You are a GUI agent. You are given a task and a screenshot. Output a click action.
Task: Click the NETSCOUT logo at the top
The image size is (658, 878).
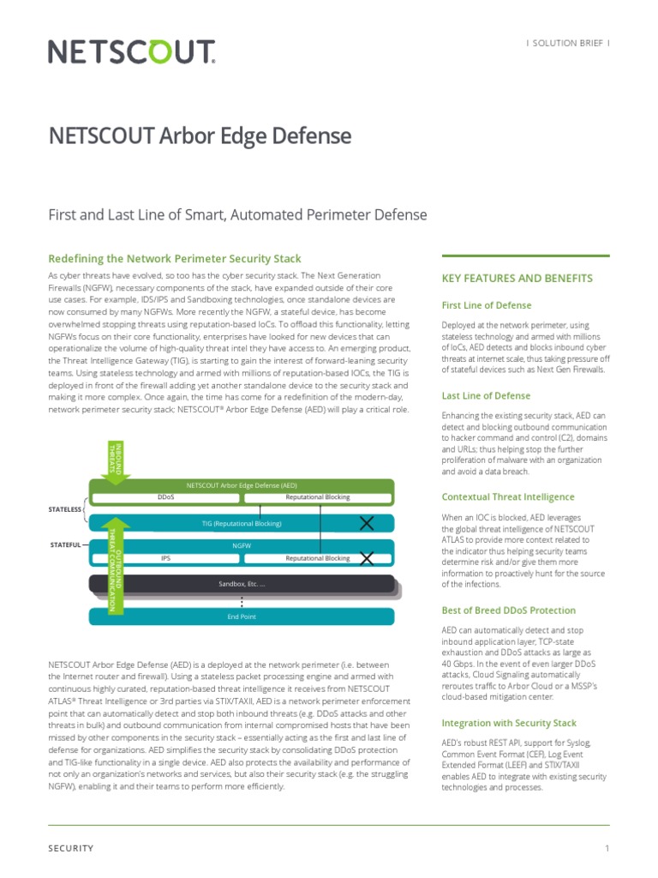point(131,53)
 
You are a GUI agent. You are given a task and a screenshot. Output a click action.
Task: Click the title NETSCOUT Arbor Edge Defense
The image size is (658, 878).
point(200,135)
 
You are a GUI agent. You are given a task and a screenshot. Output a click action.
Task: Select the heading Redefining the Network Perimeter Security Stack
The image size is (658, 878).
point(175,258)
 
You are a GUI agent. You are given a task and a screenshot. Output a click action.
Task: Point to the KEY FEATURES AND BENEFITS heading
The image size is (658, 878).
point(517,279)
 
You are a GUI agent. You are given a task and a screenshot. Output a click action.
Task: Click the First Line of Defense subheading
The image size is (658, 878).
point(486,305)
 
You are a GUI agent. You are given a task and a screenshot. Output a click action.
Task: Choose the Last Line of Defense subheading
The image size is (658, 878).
point(485,396)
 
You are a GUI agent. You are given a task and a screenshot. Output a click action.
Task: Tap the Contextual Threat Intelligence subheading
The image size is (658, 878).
point(508,496)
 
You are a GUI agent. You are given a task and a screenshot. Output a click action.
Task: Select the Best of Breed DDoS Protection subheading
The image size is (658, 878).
point(508,610)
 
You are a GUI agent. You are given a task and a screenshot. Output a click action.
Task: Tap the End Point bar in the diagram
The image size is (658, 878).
point(242,616)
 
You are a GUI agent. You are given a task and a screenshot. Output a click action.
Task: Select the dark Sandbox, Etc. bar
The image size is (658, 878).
point(242,584)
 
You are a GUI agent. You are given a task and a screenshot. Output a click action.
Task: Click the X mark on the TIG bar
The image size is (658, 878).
point(367,523)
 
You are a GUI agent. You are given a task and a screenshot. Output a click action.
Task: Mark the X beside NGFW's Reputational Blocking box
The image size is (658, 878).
point(367,559)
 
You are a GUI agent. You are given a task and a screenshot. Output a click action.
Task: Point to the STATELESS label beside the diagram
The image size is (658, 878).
point(64,509)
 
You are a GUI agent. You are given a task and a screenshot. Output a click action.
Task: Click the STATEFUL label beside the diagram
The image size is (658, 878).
point(65,544)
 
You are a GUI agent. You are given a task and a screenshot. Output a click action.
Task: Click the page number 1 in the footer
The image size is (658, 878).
point(607,849)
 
